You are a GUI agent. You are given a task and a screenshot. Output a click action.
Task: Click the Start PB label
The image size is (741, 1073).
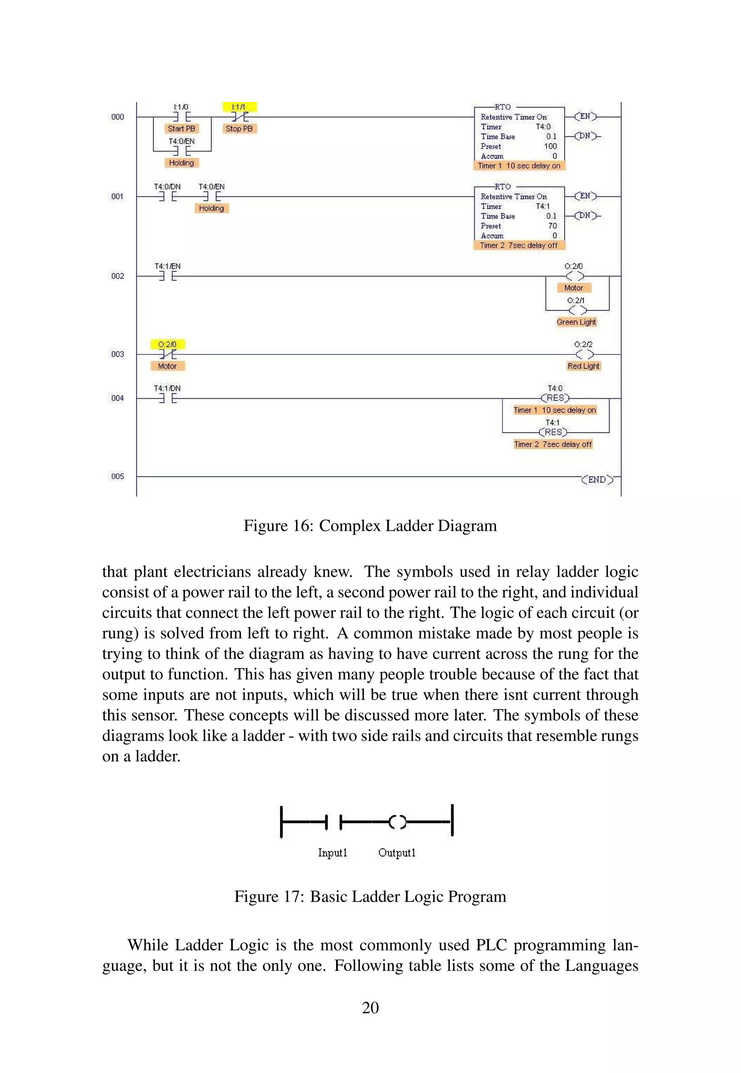pyautogui.click(x=181, y=128)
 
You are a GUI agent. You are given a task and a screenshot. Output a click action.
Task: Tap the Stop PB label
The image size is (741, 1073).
pyautogui.click(x=239, y=128)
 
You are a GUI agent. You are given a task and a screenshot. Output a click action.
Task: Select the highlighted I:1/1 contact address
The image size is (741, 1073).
pyautogui.click(x=239, y=107)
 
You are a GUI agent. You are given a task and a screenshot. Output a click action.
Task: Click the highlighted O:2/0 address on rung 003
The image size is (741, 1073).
pyautogui.click(x=167, y=344)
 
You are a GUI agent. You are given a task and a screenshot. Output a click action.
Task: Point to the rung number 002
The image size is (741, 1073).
pyautogui.click(x=118, y=276)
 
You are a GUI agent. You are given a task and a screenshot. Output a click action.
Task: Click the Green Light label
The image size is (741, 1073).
pyautogui.click(x=576, y=322)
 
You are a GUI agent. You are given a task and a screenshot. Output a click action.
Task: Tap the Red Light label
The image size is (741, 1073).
pyautogui.click(x=583, y=366)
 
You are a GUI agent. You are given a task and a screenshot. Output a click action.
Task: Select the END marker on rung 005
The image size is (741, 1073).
pyautogui.click(x=597, y=479)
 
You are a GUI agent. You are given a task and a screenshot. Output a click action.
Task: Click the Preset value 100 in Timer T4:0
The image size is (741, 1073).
pyautogui.click(x=550, y=146)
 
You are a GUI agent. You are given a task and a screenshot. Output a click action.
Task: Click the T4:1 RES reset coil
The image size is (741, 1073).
pyautogui.click(x=553, y=432)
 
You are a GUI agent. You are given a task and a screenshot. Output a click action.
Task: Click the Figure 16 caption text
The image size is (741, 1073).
pyautogui.click(x=370, y=526)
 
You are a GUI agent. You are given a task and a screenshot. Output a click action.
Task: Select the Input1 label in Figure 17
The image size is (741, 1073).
pyautogui.click(x=333, y=853)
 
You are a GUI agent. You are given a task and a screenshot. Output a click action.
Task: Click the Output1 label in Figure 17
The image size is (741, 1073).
pyautogui.click(x=397, y=853)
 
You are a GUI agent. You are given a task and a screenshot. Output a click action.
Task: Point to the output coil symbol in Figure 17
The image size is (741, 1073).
pyautogui.click(x=397, y=822)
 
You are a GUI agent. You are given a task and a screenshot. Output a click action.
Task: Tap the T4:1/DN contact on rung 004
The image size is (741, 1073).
pyautogui.click(x=168, y=398)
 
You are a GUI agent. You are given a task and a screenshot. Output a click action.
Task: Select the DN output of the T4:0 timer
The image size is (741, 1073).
pyautogui.click(x=585, y=136)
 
